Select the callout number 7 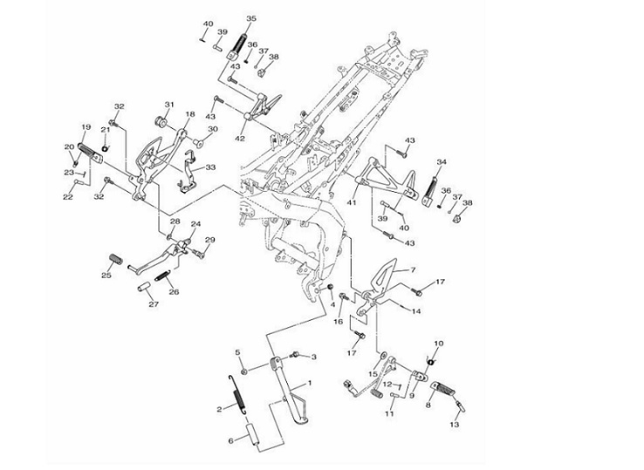414,271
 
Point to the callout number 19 86,127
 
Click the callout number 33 211,167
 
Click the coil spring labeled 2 237,399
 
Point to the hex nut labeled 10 430,360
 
